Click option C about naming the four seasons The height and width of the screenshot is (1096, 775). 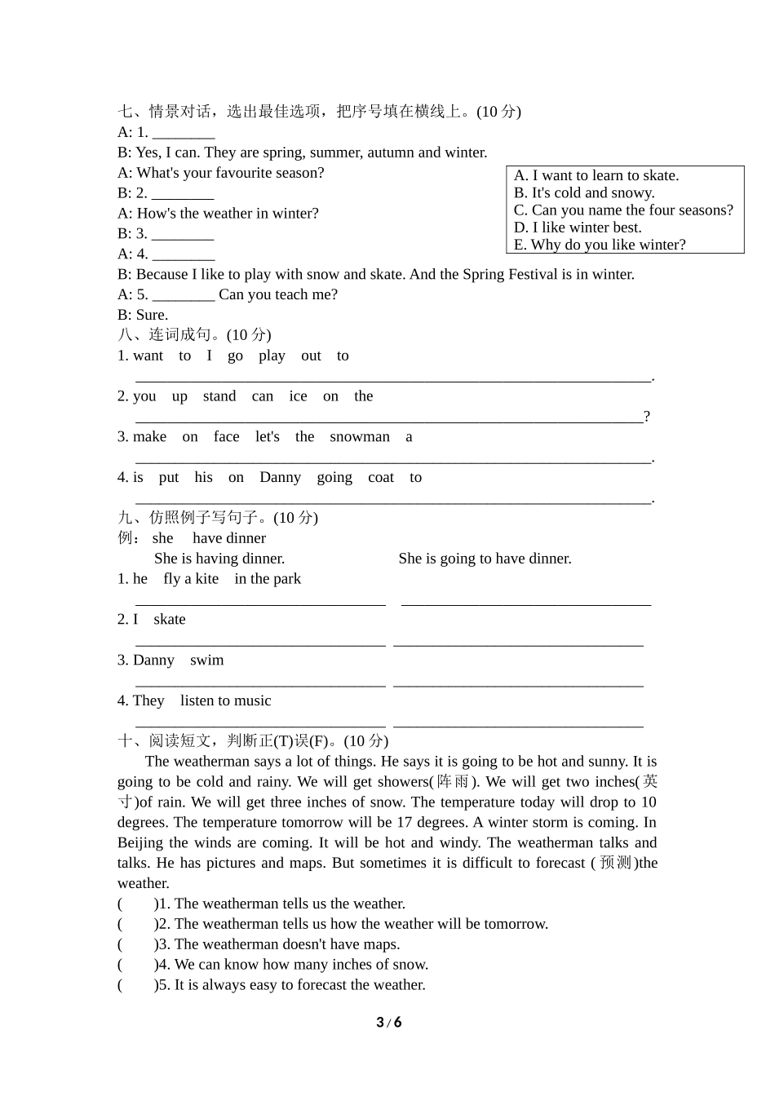pyautogui.click(x=623, y=210)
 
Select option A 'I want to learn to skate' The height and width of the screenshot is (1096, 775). pyautogui.click(x=596, y=175)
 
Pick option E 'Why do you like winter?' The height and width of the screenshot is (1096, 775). pyautogui.click(x=600, y=245)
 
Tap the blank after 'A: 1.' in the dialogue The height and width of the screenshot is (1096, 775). pyautogui.click(x=184, y=134)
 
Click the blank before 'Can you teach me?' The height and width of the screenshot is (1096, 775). pyautogui.click(x=184, y=296)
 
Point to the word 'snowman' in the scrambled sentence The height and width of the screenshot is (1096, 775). pyautogui.click(x=360, y=437)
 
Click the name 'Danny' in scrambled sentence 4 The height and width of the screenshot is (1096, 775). pyautogui.click(x=280, y=478)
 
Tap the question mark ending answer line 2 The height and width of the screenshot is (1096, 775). pyautogui.click(x=647, y=417)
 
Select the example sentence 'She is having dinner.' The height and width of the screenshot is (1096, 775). pyautogui.click(x=219, y=559)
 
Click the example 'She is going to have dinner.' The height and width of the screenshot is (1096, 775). pyautogui.click(x=485, y=559)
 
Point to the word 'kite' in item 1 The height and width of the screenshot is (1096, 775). pyautogui.click(x=206, y=579)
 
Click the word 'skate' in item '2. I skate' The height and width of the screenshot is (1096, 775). pyautogui.click(x=169, y=620)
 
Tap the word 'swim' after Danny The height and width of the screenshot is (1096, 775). pyautogui.click(x=206, y=661)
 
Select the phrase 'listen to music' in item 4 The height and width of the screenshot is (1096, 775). pyautogui.click(x=225, y=701)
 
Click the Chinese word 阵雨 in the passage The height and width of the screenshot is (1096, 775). pyautogui.click(x=454, y=782)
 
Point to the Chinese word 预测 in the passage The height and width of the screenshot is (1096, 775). pyautogui.click(x=615, y=863)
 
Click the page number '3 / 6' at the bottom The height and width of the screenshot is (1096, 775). pyautogui.click(x=389, y=1023)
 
